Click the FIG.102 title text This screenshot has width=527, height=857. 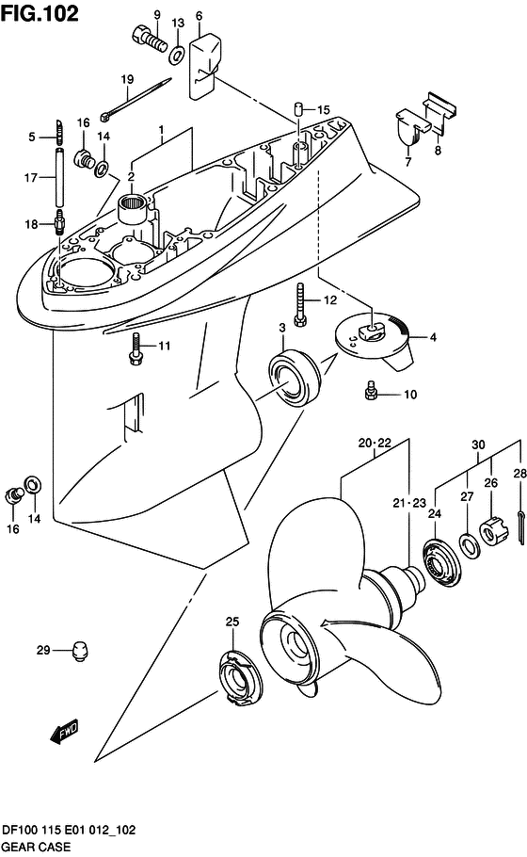coord(40,13)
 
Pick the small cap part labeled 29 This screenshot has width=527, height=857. coord(80,652)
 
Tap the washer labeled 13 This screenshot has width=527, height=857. coord(177,56)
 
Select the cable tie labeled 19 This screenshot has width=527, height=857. coord(136,100)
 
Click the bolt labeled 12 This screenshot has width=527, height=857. coord(300,305)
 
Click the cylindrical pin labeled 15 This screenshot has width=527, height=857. coord(298,107)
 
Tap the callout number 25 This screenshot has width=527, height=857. coord(232,622)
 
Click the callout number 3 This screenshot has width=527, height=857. coord(282,328)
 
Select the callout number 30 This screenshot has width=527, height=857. coord(478,445)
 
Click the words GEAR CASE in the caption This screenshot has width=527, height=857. coord(37,847)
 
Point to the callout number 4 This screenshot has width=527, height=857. coord(434,337)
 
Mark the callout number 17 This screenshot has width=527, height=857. coord(31,178)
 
